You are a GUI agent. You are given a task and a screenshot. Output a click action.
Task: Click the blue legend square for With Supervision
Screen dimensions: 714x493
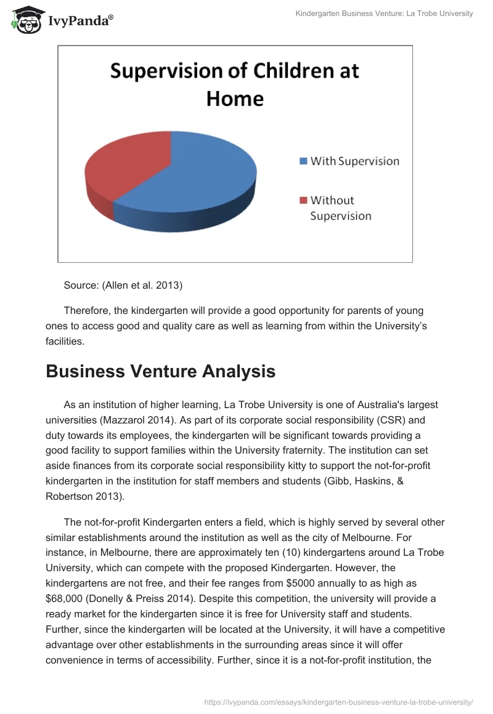[x=303, y=161]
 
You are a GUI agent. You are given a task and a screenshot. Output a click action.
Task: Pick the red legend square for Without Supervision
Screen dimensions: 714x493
[x=303, y=200]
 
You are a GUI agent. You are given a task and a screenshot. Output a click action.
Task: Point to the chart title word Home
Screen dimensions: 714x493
[x=235, y=98]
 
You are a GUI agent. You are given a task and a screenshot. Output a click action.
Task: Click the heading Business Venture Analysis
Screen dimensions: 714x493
[x=160, y=372]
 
